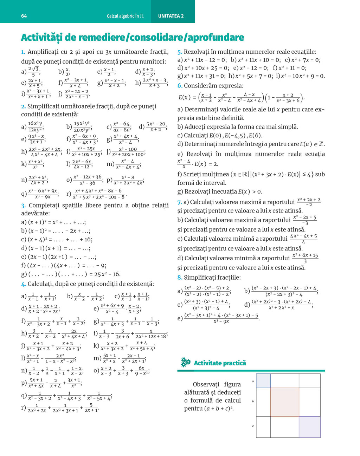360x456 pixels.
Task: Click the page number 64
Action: pos(24,16)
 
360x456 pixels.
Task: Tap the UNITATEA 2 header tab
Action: pos(171,16)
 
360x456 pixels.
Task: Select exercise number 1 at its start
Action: pos(23,52)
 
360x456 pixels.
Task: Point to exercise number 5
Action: pos(179,52)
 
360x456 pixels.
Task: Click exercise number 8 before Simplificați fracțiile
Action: pos(179,278)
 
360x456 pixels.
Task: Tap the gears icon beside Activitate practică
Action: pos(185,363)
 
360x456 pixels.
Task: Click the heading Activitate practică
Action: pos(220,363)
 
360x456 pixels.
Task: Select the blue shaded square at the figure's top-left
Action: pos(263,381)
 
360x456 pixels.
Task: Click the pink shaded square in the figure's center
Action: pos(284,402)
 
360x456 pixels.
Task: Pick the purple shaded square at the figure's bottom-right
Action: pos(309,427)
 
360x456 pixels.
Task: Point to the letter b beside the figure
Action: pos(253,401)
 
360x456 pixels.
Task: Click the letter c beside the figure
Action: pos(253,426)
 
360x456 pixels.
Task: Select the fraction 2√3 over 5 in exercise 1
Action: pos(33,72)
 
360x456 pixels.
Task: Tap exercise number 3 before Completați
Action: pos(23,206)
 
